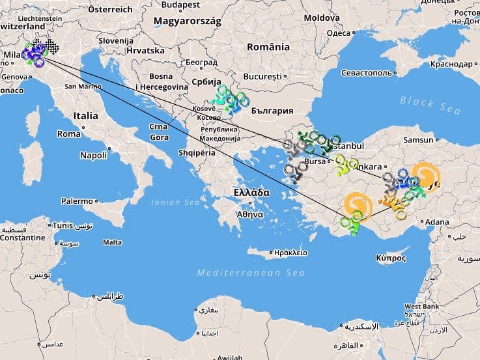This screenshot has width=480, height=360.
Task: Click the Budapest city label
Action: click(181, 5)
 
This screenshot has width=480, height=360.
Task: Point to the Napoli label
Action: click(93, 156)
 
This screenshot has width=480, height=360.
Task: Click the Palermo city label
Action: click(78, 201)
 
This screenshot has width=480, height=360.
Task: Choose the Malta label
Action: click(113, 242)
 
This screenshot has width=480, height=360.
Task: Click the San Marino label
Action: click(82, 87)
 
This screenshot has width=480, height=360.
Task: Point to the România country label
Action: click(268, 48)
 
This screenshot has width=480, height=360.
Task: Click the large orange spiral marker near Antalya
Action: click(357, 205)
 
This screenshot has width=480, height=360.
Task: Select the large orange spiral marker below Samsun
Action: click(425, 175)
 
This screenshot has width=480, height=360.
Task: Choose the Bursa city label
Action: click(315, 160)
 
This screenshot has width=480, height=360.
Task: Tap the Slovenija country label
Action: click(116, 40)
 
